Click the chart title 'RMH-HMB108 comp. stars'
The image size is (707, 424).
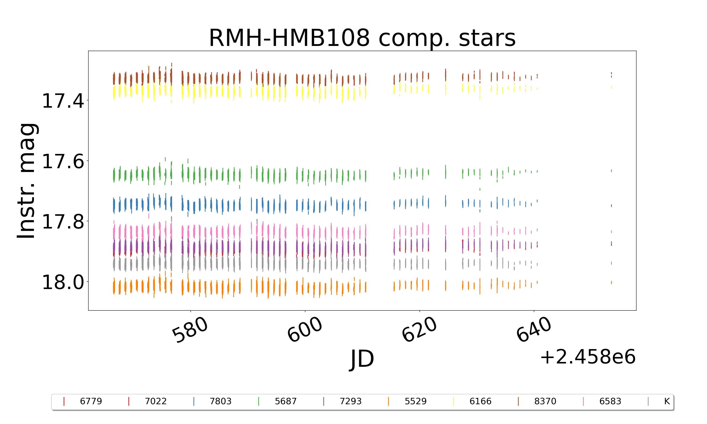(362, 38)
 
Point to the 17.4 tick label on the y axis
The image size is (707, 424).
(63, 101)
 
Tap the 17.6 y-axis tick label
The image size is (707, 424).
(63, 161)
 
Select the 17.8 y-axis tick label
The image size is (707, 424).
(63, 222)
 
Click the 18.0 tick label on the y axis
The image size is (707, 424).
(63, 282)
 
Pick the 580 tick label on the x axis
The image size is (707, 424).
(190, 330)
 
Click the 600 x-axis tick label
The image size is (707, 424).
(305, 330)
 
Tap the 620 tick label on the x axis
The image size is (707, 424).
(419, 330)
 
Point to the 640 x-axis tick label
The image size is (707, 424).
(534, 330)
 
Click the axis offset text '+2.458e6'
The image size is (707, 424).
(588, 357)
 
